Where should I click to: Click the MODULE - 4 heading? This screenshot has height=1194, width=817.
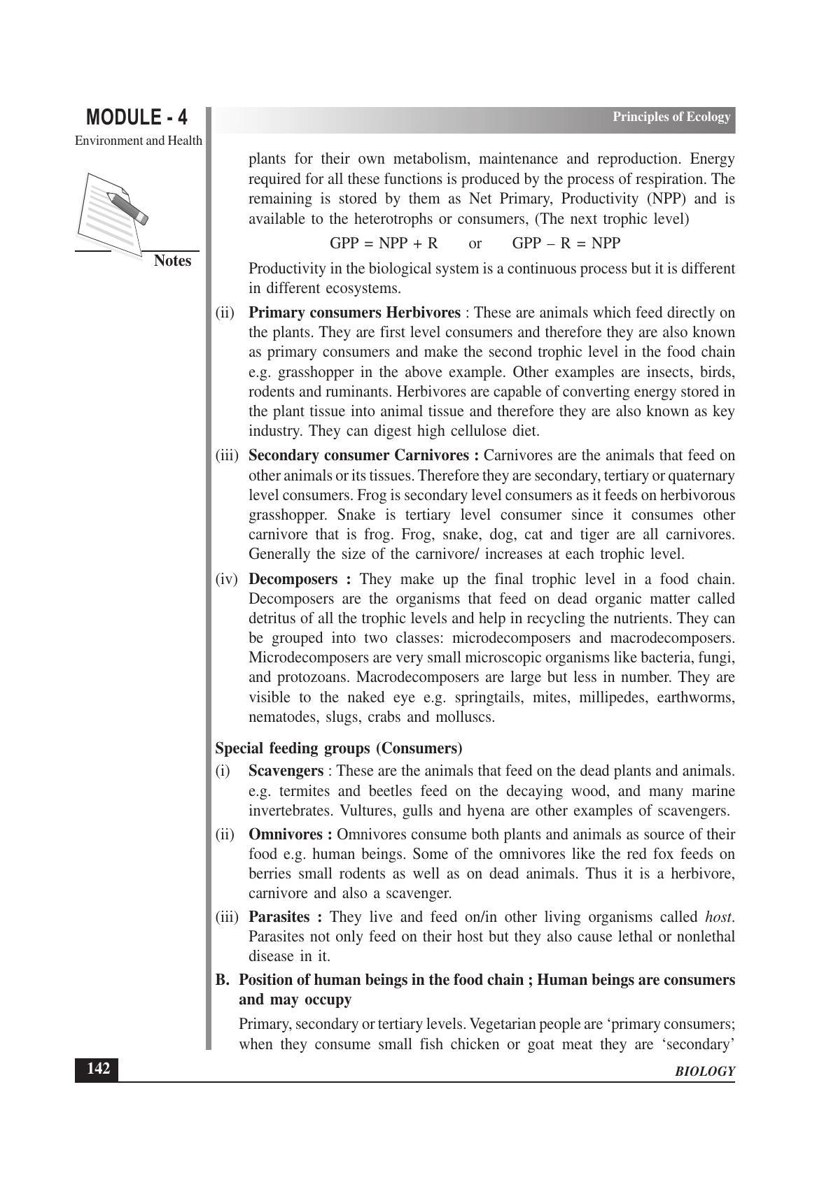137,117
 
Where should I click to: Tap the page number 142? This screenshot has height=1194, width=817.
97,1069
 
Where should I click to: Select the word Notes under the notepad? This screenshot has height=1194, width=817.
172,261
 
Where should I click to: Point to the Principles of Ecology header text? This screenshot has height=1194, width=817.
671,117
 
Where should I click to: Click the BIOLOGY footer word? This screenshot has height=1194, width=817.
705,1072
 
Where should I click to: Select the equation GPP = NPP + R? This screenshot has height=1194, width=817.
383,243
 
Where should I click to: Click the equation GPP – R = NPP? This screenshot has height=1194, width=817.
566,243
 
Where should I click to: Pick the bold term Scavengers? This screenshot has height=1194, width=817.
286,771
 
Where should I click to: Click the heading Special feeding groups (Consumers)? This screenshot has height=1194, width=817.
338,748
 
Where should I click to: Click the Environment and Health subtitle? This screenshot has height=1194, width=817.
139,141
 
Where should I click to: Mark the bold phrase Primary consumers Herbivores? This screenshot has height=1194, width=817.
354,313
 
